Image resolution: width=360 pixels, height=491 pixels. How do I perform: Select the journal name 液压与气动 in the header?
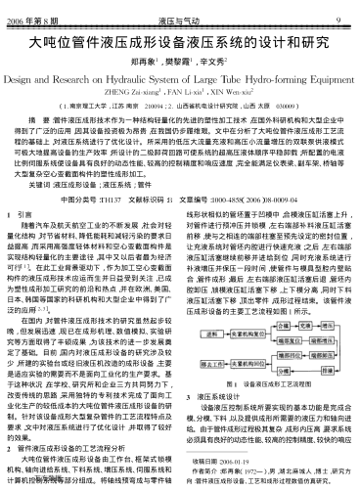point(180,7)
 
